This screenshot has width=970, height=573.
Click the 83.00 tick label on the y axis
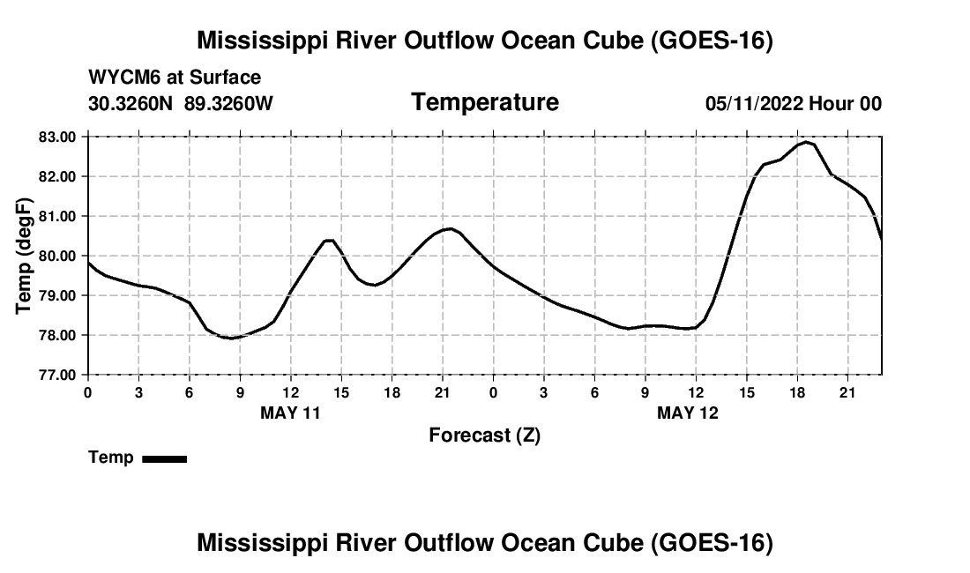pos(57,137)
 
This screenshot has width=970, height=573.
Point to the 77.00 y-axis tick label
pos(57,375)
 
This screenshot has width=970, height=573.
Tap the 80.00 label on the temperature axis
pos(57,256)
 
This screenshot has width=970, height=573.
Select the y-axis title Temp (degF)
pos(24,256)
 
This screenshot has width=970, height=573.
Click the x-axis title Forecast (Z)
pos(484,435)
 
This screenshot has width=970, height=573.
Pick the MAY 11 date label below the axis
pos(290,413)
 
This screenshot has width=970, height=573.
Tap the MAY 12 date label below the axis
pos(687,413)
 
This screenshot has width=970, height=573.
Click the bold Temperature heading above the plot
pos(485,102)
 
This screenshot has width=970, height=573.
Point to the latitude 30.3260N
pos(131,103)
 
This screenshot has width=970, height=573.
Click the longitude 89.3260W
pos(228,103)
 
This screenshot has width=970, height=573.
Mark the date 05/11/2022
pos(754,103)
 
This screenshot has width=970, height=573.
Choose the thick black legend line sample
pos(165,458)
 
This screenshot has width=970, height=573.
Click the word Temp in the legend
pos(111,458)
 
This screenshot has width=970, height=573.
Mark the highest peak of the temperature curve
pos(806,142)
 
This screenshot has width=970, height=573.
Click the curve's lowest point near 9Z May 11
pos(231,339)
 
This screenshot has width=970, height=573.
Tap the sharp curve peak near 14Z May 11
pos(329,240)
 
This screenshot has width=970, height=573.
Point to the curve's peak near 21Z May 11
pos(450,228)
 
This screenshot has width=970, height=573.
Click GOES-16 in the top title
pos(711,41)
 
